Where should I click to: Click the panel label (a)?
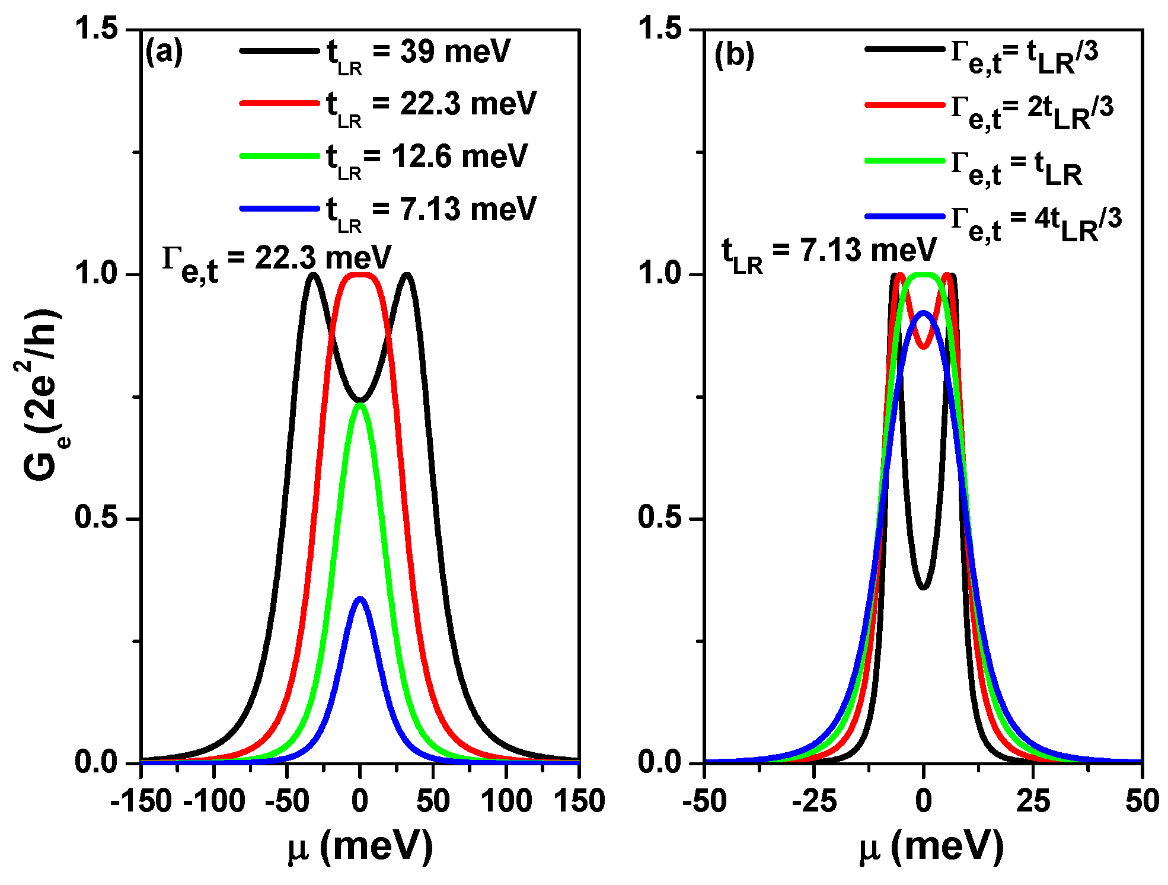coord(164,53)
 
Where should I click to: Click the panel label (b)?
coord(734,56)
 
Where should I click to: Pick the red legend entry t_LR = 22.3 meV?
coord(431,106)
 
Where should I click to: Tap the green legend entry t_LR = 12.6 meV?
coord(426,158)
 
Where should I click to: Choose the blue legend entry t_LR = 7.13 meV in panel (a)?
coord(431,210)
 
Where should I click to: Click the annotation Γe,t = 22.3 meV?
coord(277,261)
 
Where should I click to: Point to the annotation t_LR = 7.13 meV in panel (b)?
coord(828,253)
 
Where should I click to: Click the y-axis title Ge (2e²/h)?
coord(42,394)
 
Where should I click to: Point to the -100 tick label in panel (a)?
coord(214,801)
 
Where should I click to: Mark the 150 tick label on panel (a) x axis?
coord(579,801)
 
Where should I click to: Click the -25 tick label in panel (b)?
coord(814,801)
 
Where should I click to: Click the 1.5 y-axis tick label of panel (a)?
coord(96,30)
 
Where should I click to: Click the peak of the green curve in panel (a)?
coord(360,405)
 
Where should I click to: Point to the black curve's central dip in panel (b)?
coord(923,587)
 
